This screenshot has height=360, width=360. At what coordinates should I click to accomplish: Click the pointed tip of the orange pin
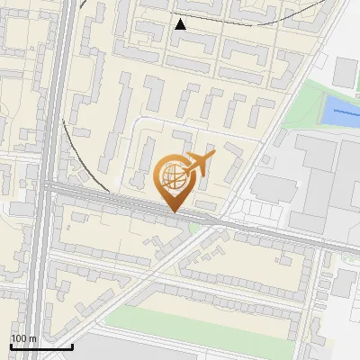pyautogui.click(x=173, y=212)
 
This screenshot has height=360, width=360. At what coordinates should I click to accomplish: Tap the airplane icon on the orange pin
pyautogui.click(x=199, y=164)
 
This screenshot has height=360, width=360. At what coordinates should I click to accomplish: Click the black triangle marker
pyautogui.click(x=181, y=24)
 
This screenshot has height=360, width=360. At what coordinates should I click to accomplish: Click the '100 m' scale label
pyautogui.click(x=23, y=338)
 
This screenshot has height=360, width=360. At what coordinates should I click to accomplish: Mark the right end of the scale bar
pyautogui.click(x=72, y=346)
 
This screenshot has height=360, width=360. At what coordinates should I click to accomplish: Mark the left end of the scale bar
pyautogui.click(x=11, y=346)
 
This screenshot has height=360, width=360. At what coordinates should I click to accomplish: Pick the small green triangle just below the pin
pyautogui.click(x=194, y=226)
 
